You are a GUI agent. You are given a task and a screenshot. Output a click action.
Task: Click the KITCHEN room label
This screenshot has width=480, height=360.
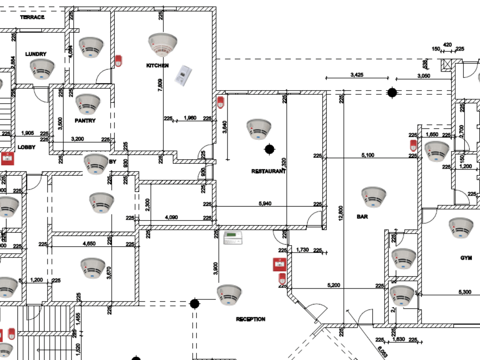(157, 65)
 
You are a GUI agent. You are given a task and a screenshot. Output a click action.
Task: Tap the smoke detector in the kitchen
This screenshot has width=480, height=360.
(163, 45)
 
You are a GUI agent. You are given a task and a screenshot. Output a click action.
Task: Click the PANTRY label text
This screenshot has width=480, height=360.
(85, 121)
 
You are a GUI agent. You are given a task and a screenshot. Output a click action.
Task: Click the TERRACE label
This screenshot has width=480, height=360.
(32, 17)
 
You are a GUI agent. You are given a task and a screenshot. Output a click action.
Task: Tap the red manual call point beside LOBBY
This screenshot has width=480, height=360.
(7, 158)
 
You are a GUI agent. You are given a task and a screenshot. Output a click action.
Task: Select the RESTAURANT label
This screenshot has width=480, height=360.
(269, 171)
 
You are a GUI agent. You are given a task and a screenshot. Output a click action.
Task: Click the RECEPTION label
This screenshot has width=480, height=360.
(251, 319)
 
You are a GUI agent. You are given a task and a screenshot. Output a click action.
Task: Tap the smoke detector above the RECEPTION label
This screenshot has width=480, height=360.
(228, 295)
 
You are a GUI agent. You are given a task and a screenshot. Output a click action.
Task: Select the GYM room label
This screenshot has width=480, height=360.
(466, 258)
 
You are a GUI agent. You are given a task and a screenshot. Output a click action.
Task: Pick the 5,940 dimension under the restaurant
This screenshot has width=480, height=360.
(265, 204)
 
